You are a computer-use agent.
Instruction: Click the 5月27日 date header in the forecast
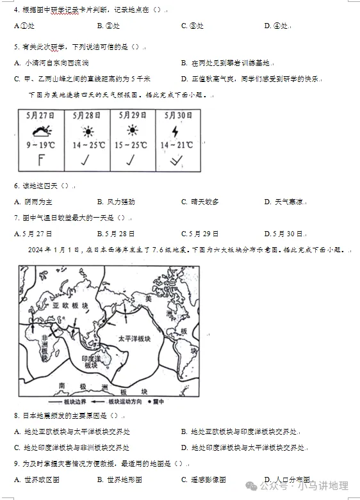[x=41, y=116]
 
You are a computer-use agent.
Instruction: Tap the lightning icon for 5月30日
[x=176, y=131]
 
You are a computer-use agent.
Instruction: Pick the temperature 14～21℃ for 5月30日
[x=177, y=145]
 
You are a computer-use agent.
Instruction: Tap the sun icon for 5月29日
[x=133, y=131]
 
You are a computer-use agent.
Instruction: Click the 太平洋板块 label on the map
[x=133, y=338]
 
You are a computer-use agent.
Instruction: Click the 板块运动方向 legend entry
[x=126, y=402]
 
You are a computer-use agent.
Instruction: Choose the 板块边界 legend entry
[x=76, y=402]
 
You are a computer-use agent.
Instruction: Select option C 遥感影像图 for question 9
[x=203, y=479]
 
